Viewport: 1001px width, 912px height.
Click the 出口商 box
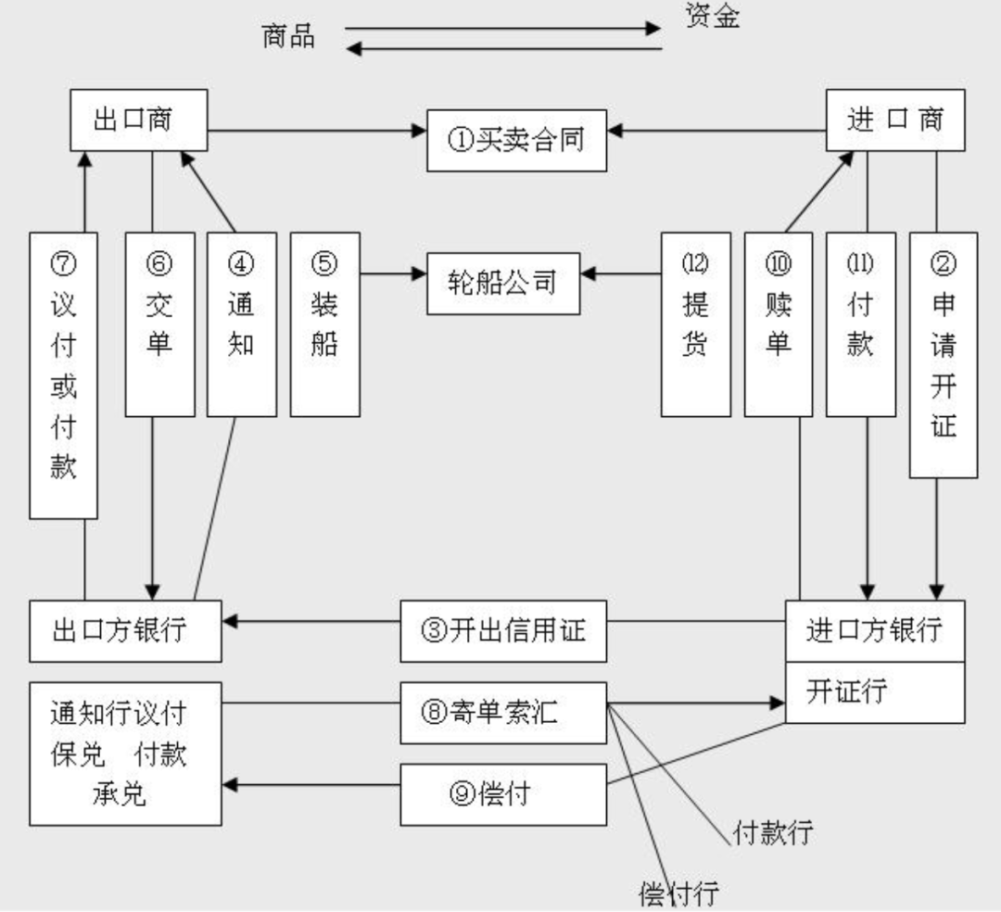[138, 120]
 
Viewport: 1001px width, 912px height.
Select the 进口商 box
[895, 120]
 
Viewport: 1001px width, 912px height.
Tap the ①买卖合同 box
[516, 140]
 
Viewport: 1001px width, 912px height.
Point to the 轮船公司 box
[503, 284]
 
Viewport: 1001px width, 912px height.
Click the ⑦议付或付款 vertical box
[63, 375]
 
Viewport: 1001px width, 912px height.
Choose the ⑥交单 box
[159, 324]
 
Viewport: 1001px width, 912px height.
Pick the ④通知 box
[241, 324]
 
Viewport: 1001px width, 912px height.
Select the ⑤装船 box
[325, 324]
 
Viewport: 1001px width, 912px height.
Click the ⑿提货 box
[696, 324]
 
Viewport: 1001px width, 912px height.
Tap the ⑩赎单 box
[779, 324]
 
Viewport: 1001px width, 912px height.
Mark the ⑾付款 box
[860, 324]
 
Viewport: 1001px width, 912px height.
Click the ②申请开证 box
[944, 355]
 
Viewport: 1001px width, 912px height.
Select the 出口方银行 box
[125, 631]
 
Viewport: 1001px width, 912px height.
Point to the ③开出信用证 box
[503, 631]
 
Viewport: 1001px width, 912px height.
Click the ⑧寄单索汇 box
[503, 713]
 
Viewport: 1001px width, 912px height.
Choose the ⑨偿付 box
[503, 794]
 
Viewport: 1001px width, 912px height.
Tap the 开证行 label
[846, 691]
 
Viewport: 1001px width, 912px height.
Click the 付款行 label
[773, 833]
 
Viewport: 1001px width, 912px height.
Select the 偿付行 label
[679, 893]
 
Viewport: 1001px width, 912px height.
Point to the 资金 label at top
[713, 16]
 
